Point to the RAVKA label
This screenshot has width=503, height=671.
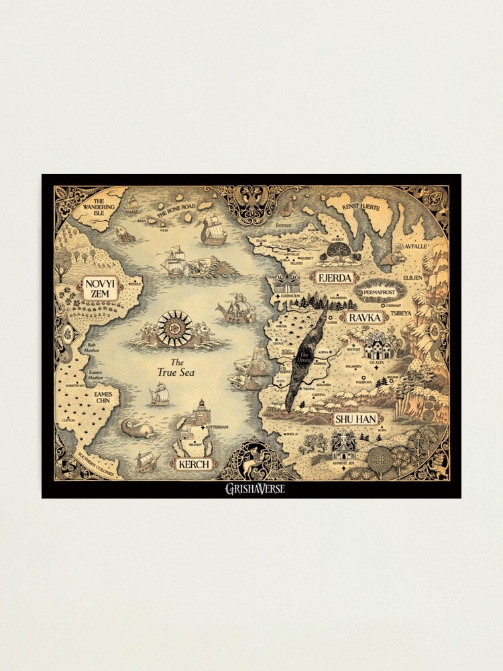click(364, 317)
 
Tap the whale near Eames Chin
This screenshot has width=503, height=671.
click(136, 427)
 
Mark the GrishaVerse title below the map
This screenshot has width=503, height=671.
click(254, 488)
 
